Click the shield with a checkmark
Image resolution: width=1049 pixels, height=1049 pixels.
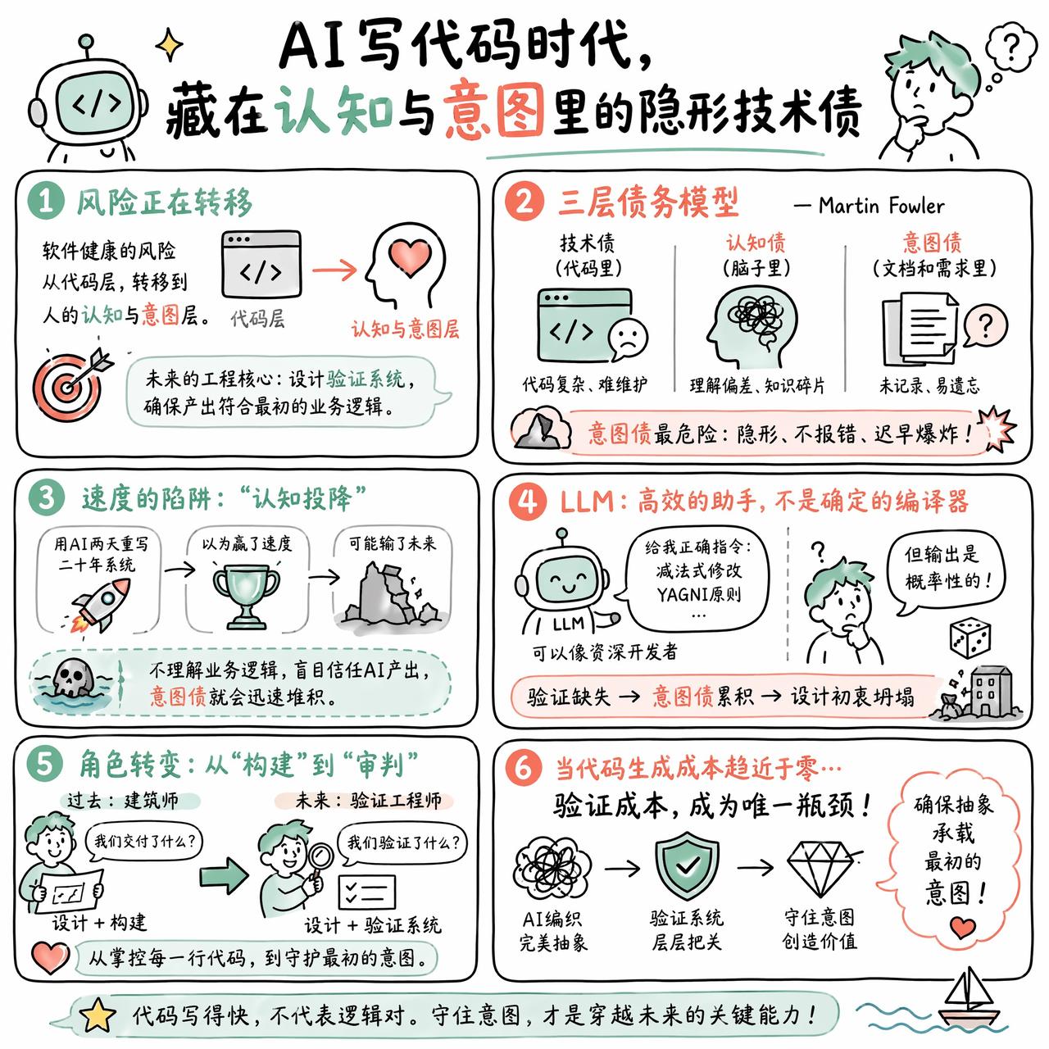(687, 865)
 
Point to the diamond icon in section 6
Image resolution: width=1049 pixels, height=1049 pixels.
(820, 869)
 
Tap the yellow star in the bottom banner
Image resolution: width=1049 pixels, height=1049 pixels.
(98, 1016)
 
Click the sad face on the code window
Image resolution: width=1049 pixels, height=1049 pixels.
(628, 338)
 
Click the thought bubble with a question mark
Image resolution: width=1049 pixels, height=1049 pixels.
(1011, 48)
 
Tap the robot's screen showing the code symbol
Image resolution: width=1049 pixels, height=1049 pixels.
(96, 105)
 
